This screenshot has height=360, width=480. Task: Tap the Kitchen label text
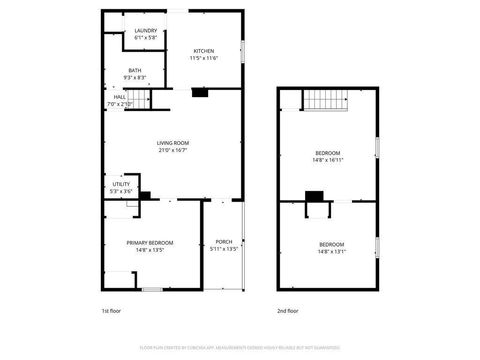click(204, 51)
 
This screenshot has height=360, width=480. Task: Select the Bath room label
click(135, 70)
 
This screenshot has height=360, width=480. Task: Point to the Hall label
click(119, 97)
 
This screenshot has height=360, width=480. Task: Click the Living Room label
click(172, 143)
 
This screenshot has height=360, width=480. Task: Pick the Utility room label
click(120, 184)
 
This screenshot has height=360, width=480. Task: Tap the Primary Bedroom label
click(150, 242)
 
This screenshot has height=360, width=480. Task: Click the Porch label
click(224, 242)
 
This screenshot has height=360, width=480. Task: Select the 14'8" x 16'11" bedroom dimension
click(329, 159)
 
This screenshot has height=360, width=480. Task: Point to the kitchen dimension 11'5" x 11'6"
click(204, 58)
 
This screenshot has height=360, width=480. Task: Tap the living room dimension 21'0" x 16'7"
click(172, 150)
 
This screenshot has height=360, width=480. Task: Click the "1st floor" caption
click(112, 311)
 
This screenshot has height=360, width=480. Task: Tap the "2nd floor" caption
click(288, 311)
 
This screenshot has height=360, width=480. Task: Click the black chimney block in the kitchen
click(200, 94)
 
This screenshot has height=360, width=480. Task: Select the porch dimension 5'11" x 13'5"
click(224, 249)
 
